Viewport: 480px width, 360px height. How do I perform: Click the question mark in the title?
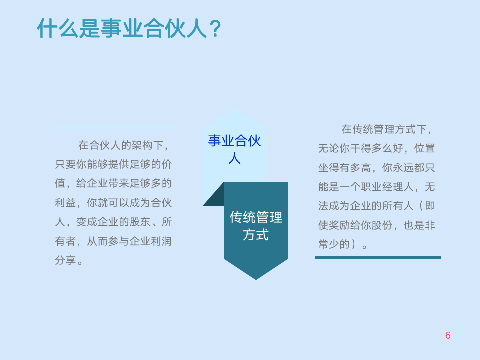coord(214,29)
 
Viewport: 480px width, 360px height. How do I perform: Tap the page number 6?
coord(448,335)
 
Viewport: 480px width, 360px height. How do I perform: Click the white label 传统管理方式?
coord(256,226)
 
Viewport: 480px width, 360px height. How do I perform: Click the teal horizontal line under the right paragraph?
coord(378,257)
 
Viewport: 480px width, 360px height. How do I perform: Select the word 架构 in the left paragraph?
coord(136,145)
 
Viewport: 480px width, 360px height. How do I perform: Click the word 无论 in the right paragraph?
coord(329,148)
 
